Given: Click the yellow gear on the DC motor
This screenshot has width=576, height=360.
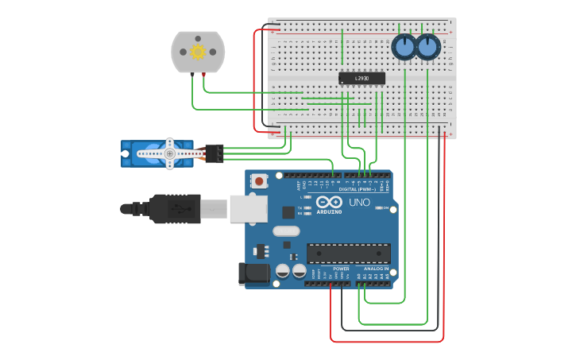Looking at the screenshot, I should (198, 52).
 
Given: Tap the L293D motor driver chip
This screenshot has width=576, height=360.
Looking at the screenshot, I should (361, 78).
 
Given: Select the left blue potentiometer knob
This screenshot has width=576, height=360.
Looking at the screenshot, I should (404, 48).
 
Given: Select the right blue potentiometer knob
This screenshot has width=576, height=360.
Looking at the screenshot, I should (427, 48).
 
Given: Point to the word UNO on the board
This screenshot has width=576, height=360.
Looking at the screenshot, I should (359, 202).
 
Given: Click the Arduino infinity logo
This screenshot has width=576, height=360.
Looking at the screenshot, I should (329, 202).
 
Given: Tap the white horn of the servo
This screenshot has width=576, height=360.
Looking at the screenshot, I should (169, 153).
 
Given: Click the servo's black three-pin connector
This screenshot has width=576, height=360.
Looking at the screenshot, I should (214, 153).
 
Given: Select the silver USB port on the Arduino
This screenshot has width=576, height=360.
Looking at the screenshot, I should (248, 208).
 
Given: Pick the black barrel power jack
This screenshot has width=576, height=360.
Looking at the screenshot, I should (255, 273).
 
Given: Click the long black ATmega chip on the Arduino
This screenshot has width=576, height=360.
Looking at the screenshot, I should (348, 254).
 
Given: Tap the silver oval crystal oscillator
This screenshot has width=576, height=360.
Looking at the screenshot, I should (286, 231).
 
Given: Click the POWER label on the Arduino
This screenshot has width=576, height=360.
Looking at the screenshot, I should (341, 269).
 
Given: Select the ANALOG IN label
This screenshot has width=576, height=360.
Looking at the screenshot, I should (376, 269).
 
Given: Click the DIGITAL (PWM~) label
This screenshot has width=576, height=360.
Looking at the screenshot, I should (358, 190).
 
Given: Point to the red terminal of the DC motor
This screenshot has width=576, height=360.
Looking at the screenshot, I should (204, 74).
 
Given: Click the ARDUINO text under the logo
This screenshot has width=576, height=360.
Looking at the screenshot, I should (329, 212).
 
